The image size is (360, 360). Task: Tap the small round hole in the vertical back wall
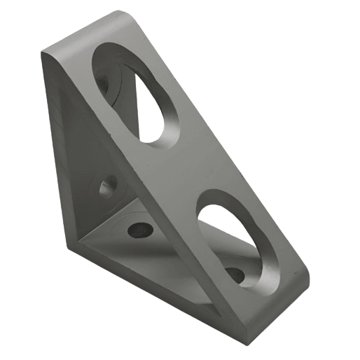point(109,187)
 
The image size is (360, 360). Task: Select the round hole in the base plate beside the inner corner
point(139,228)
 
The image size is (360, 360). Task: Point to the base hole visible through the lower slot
point(235,274)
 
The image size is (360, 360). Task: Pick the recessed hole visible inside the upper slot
point(105,78)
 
